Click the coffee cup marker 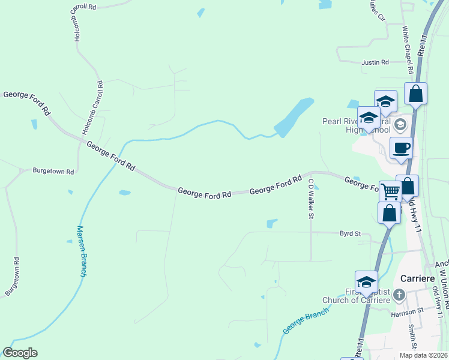401,148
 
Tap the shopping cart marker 391,192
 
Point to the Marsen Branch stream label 82,251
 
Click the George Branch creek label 306,322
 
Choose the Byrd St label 350,233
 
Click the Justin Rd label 375,62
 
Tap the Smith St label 412,337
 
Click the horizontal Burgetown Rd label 53,172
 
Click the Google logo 20,353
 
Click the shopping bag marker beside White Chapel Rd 415,93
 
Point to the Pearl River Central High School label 354,125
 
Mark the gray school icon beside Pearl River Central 401,125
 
